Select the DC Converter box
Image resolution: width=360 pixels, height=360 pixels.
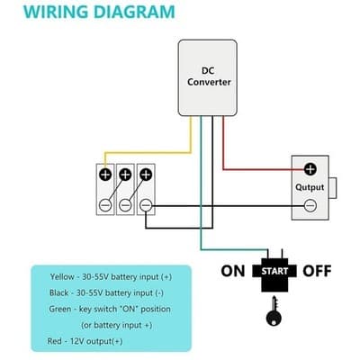[209, 77]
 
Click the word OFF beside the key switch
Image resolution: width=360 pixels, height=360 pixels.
[316, 270]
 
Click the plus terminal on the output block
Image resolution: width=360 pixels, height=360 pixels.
[310, 168]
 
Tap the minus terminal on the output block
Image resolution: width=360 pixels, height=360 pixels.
[310, 206]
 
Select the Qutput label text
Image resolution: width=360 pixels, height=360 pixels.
[310, 187]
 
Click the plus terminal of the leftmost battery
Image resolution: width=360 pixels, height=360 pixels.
[105, 175]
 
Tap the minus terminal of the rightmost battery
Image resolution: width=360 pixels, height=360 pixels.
[146, 206]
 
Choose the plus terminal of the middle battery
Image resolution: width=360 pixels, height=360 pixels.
[125, 175]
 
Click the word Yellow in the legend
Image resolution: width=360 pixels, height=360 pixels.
[64, 276]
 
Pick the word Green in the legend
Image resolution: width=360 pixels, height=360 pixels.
[65, 309]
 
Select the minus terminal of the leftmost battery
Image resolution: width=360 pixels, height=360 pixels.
[105, 206]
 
